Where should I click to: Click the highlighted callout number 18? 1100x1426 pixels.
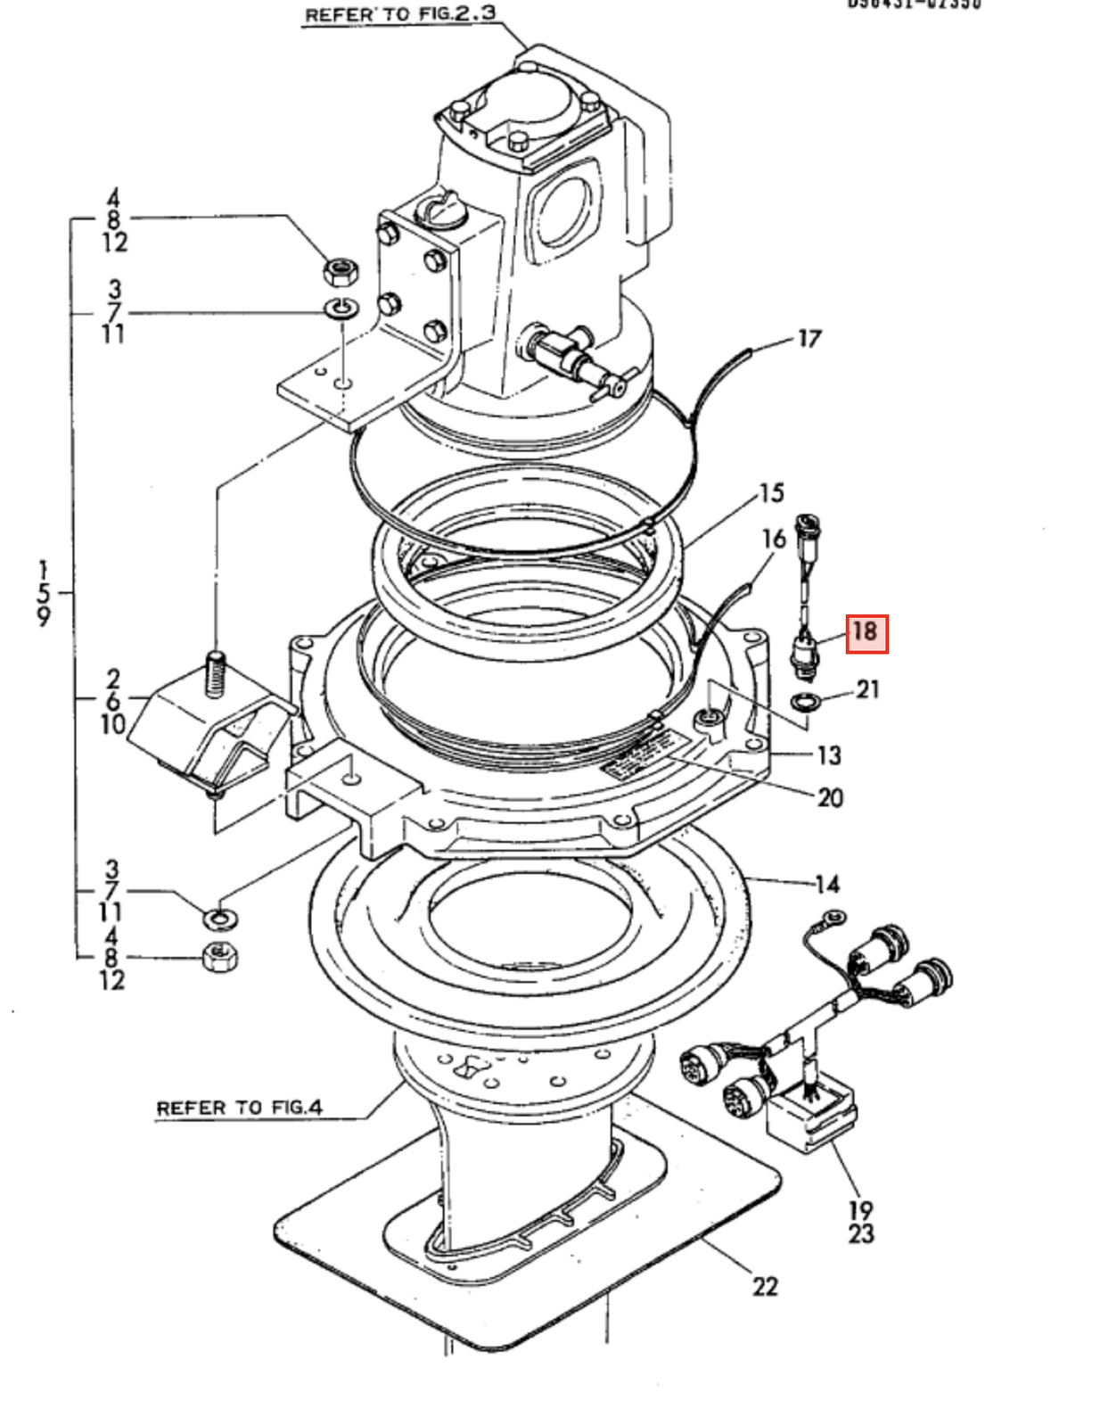(866, 632)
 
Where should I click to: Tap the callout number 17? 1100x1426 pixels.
(809, 339)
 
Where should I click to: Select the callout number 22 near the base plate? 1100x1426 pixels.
(765, 1286)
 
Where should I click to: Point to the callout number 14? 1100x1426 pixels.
(827, 884)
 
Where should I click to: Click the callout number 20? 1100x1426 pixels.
(830, 797)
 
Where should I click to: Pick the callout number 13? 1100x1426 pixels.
(829, 755)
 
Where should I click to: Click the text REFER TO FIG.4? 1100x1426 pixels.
(239, 1108)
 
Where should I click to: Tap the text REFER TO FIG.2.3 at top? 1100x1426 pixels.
(400, 14)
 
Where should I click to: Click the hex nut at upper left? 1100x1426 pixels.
(341, 269)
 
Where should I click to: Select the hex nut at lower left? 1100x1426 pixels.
(220, 958)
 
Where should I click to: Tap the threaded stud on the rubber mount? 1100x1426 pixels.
(216, 674)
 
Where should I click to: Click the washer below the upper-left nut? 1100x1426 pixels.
(341, 309)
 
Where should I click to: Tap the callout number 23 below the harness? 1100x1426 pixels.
(861, 1234)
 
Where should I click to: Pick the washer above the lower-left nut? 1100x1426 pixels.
(219, 917)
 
